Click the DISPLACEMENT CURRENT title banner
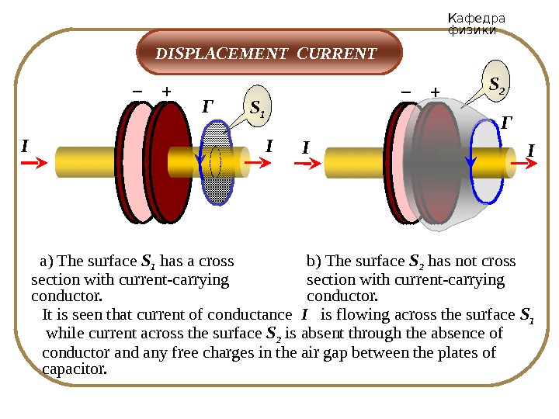(x=269, y=54)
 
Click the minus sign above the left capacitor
(x=137, y=92)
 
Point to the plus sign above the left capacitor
(x=165, y=92)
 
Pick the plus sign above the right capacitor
(x=435, y=92)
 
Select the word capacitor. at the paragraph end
(x=73, y=369)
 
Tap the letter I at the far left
(x=25, y=145)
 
